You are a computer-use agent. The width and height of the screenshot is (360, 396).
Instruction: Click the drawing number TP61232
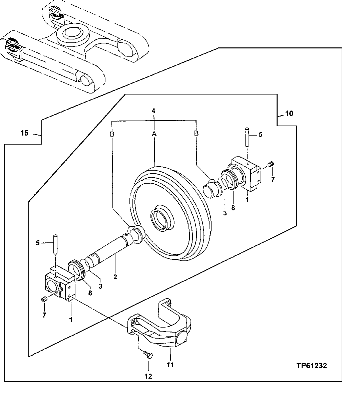click(x=311, y=366)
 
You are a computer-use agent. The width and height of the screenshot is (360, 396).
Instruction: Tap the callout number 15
click(x=24, y=134)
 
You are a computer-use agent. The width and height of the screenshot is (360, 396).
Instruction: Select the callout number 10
click(x=289, y=114)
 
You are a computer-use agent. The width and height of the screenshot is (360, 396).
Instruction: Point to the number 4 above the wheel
click(x=154, y=110)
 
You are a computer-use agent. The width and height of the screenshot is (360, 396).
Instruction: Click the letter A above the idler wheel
click(x=154, y=134)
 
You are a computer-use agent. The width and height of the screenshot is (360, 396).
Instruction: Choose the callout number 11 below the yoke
click(x=170, y=365)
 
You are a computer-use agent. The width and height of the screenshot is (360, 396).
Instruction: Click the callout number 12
click(x=148, y=376)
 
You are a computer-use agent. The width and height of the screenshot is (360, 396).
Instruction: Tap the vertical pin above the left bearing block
click(x=55, y=243)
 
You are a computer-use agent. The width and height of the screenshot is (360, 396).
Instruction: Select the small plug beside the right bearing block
click(x=271, y=164)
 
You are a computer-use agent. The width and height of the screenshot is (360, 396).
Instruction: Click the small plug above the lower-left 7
click(x=43, y=300)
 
